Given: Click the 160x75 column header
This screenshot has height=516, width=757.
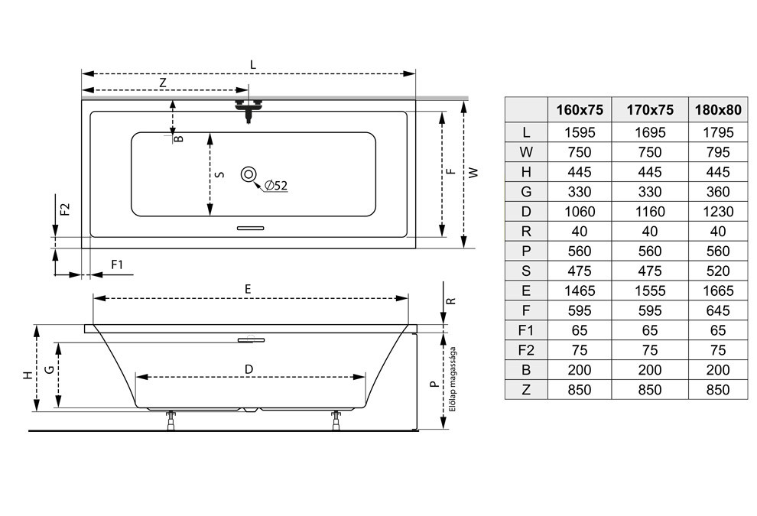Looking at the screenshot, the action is pos(580,110).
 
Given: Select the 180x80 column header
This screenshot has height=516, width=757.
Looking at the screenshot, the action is pos(718,110).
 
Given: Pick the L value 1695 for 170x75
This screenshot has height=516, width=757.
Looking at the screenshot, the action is pos(650,132).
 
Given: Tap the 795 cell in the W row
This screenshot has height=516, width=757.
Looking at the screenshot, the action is pos(718,152).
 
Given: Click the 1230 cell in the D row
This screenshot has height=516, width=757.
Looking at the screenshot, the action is pos(718,212).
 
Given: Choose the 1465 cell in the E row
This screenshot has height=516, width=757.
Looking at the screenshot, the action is pos(580,290).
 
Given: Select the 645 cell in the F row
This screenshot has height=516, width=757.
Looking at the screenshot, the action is pos(718,310).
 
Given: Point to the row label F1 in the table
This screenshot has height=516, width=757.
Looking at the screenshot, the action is pos(526,330).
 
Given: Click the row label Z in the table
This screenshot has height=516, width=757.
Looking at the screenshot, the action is pos(526,390).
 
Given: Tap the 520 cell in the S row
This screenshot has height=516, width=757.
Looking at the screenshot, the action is pos(718,271).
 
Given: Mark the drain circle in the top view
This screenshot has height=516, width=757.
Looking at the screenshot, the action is pos(249,174).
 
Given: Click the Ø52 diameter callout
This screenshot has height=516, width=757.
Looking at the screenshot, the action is pos(276,185).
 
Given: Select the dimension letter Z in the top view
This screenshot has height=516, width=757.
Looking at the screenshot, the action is pos(163,83).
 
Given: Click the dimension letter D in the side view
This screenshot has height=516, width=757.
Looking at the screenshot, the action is pos(249,370).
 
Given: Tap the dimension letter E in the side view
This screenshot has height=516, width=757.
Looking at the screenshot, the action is pos(248,289).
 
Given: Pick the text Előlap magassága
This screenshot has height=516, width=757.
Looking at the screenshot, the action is pos(453,379).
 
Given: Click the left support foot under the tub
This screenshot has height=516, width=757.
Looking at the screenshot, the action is pos(170,420).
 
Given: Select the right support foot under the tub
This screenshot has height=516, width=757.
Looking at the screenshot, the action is pos(336,420).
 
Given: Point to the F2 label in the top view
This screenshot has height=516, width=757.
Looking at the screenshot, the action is pos(65,209).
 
